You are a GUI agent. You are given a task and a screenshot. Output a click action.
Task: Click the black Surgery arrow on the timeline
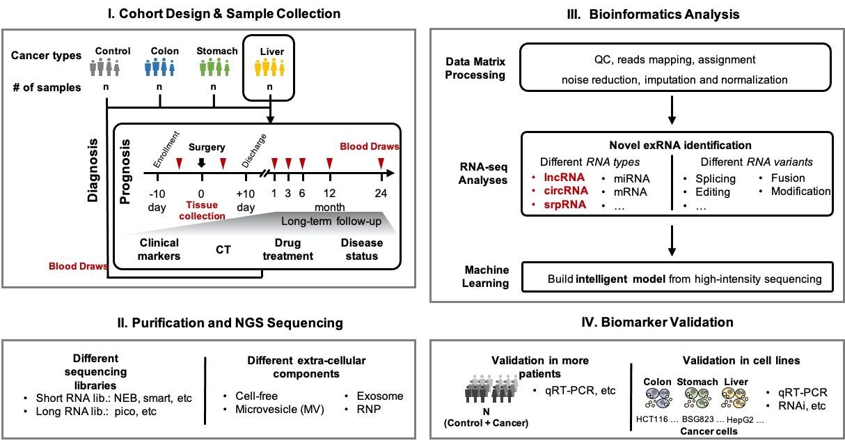[x=202, y=164]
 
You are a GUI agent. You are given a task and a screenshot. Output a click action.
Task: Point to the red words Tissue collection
[x=202, y=210]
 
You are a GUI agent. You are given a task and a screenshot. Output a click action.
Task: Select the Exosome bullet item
[x=379, y=396]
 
